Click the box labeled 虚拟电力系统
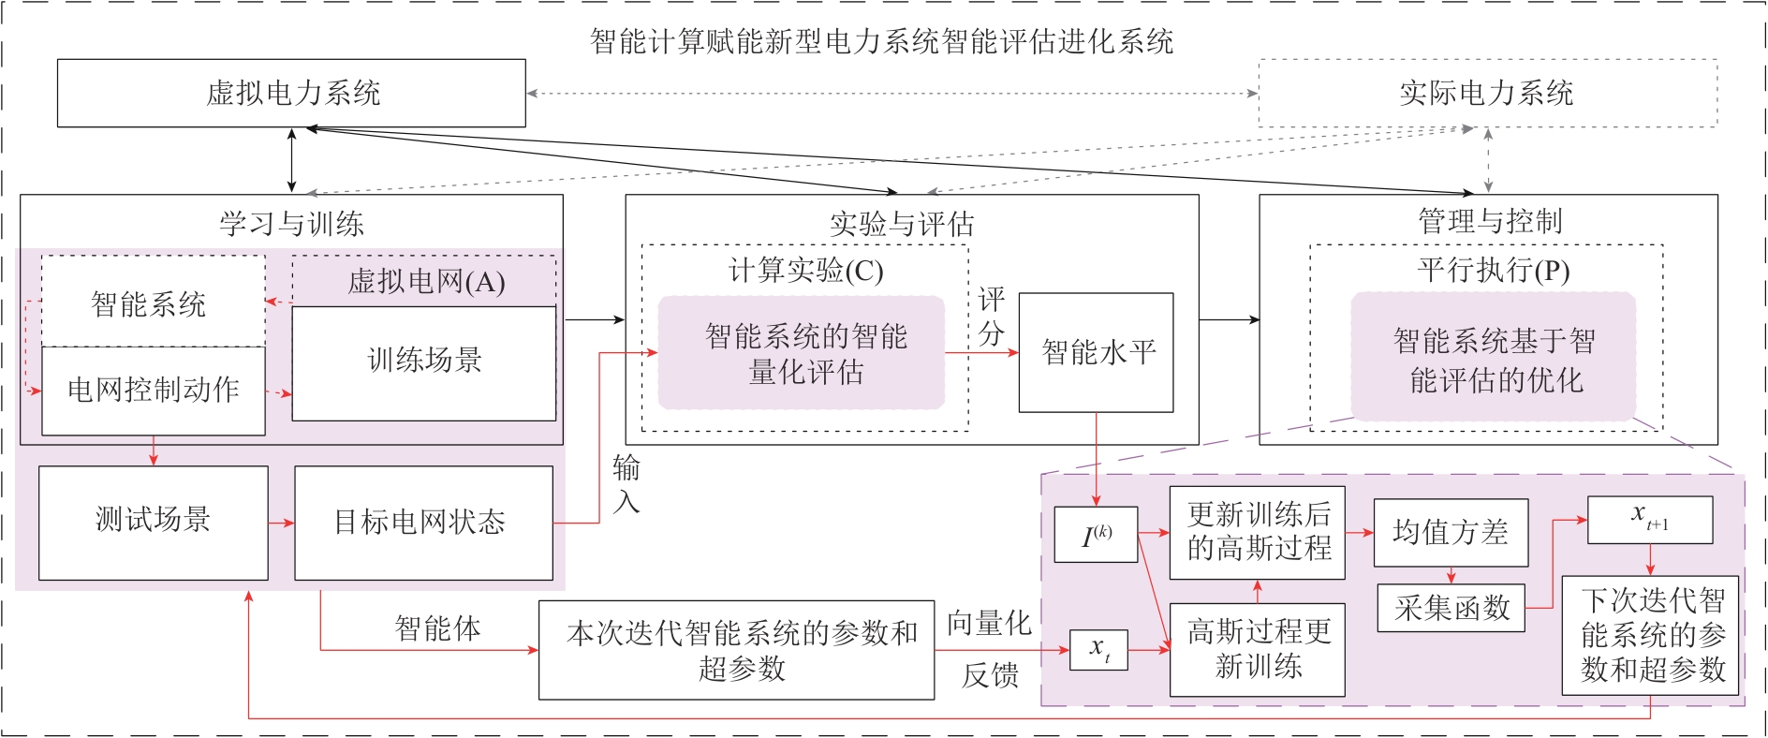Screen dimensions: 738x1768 point(291,93)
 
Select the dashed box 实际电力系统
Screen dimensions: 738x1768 point(1487,93)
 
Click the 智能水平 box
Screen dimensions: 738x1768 point(1096,352)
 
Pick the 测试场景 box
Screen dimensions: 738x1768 point(153,522)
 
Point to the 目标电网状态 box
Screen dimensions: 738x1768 point(423,522)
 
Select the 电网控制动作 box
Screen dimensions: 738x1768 point(154,391)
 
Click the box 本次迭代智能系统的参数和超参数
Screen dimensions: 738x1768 point(736,650)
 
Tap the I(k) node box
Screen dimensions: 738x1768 point(1096,535)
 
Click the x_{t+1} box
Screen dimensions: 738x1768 point(1649,519)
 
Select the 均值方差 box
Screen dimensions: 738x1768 point(1450,532)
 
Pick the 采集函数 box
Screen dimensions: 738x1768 point(1451,608)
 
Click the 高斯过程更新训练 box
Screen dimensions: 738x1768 point(1258,649)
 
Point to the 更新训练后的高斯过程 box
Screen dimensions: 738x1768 point(1258,532)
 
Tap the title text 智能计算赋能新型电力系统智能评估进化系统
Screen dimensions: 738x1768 point(881,41)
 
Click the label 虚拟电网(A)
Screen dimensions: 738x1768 point(426,281)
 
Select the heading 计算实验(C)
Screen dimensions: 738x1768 point(805,271)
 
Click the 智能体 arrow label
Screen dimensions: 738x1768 point(437,628)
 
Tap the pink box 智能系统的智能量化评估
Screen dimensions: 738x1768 point(803,353)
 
